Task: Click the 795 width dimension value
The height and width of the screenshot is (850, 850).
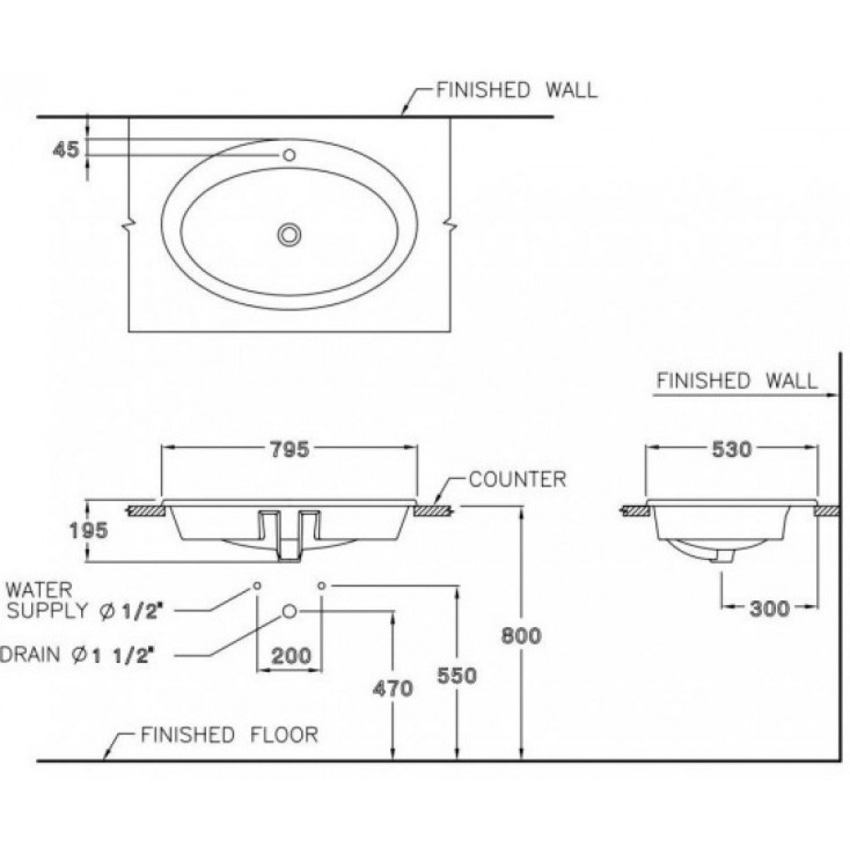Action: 289,448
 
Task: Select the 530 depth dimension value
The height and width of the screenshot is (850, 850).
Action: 731,449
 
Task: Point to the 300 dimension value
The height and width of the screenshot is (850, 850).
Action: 769,607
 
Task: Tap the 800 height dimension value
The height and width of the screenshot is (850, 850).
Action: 520,636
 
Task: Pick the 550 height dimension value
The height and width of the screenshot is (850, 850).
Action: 456,675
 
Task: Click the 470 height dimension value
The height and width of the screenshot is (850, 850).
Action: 392,689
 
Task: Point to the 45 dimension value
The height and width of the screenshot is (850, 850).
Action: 65,149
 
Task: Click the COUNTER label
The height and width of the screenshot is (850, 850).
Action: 517,479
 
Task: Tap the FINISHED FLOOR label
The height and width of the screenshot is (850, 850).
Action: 229,735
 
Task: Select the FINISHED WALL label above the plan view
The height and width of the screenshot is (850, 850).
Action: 516,90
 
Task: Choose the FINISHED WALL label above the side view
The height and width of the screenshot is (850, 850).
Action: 737,381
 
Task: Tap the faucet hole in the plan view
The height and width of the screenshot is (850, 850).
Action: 289,155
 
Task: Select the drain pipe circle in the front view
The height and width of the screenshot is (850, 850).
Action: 289,611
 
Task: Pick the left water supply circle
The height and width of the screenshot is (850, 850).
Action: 257,585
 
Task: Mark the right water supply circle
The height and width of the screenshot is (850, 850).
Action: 321,585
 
